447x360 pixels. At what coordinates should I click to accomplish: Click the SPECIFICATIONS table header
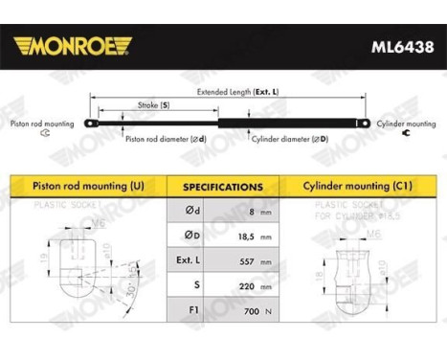click(x=222, y=187)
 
